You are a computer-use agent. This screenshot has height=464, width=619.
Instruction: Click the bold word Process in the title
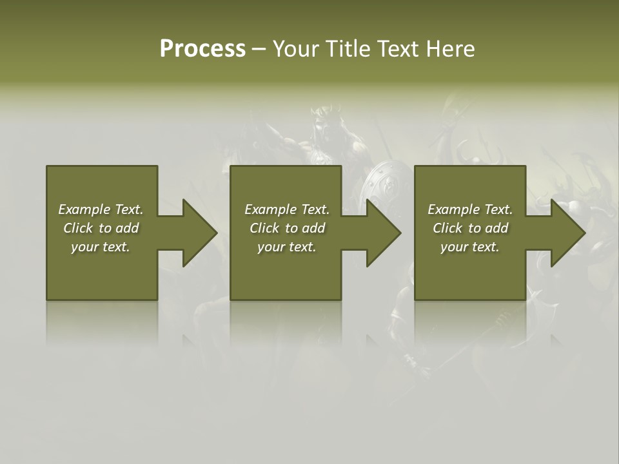pos(202,49)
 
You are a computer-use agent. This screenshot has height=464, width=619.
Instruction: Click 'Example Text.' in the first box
pos(101,209)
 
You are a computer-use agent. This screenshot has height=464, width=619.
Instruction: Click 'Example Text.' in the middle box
pos(287,209)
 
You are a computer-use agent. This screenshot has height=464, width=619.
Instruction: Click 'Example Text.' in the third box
pos(470,209)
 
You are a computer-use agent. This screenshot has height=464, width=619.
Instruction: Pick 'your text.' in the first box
pos(101,247)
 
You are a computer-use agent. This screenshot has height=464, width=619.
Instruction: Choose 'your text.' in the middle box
pos(287,247)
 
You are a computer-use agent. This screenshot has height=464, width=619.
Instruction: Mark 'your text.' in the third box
pos(470,247)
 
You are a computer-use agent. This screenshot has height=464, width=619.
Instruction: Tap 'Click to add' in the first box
pos(101,228)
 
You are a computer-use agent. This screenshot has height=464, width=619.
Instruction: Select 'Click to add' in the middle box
pos(287,228)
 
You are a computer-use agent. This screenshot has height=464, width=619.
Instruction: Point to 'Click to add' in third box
pos(470,228)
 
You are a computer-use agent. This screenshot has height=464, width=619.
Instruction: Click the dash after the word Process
pos(259,50)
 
